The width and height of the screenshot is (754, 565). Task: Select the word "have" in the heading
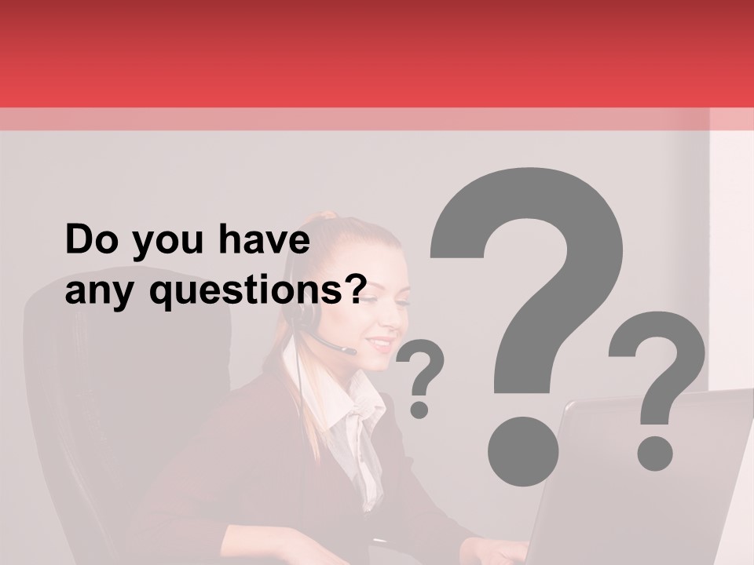pos(264,241)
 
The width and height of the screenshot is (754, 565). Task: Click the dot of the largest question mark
pos(522,449)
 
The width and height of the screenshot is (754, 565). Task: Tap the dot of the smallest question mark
pos(419,409)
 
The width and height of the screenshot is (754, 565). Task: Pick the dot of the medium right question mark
pos(654,453)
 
